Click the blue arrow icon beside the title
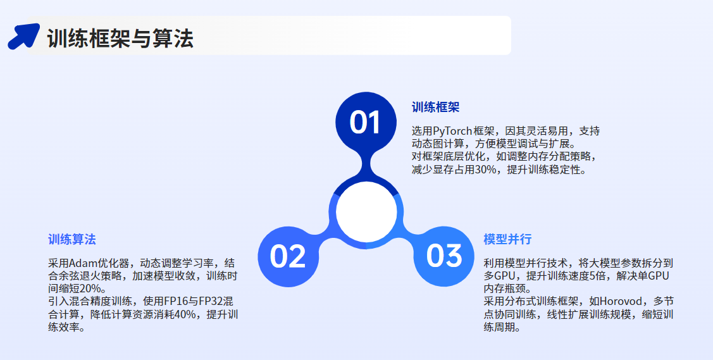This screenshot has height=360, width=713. coord(23,36)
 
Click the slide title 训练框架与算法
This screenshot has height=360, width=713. coord(120,38)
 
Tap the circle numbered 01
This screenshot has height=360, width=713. coord(366,122)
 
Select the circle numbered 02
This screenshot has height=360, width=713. coord(288,256)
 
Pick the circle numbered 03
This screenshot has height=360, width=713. coord(444,256)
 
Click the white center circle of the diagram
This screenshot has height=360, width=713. coord(366,212)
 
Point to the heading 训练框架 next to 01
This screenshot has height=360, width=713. coord(436,108)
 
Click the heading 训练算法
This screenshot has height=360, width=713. coord(72,240)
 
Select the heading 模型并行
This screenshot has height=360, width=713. coord(507,240)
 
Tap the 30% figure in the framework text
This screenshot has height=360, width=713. coord(486,170)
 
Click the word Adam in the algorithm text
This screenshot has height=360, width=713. coord(80,263)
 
